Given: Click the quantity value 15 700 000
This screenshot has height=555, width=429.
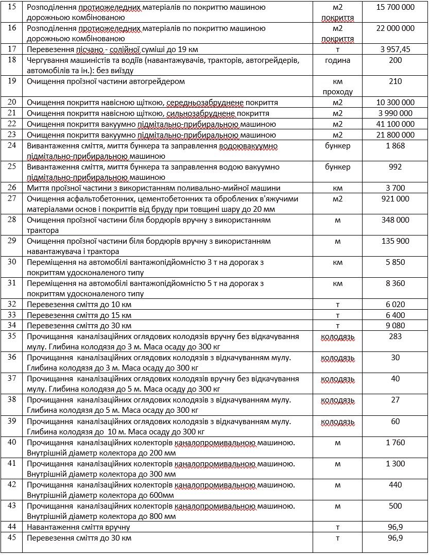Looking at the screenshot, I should [x=395, y=7].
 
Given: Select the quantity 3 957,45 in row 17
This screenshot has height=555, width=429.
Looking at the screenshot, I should [x=395, y=49].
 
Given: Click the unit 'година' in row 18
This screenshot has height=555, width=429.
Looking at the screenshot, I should [x=337, y=60].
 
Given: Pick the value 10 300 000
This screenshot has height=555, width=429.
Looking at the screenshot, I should [x=395, y=103].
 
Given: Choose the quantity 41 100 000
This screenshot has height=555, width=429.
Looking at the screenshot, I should [x=395, y=124].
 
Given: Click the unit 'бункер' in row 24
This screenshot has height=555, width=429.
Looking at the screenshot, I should [x=337, y=146].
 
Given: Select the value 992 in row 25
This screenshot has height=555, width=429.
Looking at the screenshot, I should [x=395, y=167].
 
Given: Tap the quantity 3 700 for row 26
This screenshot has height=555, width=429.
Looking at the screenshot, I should [x=395, y=188].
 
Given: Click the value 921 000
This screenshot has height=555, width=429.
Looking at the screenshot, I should [x=395, y=199].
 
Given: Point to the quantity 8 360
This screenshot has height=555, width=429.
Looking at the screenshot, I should [x=395, y=283].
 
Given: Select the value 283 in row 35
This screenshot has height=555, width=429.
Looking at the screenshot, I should [x=395, y=336].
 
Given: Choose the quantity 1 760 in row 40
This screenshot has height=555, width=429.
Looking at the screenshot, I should [x=395, y=442].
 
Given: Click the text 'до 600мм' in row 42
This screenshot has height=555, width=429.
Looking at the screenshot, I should [x=157, y=495].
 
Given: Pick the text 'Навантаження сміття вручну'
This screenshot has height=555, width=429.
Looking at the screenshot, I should [x=78, y=527].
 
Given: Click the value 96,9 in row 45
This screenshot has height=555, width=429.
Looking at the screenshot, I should [x=395, y=538].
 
